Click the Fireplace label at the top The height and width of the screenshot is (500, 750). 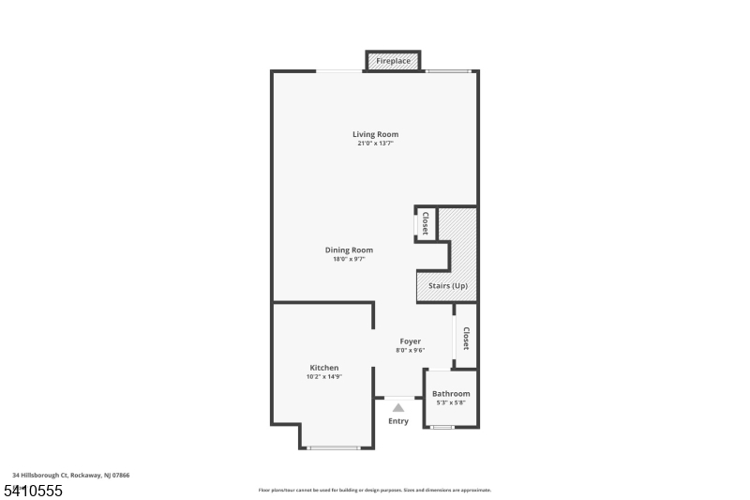[393, 61]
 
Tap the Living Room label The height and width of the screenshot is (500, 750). [375, 134]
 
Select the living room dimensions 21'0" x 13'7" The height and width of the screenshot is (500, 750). [375, 144]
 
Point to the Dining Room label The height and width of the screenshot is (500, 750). [349, 250]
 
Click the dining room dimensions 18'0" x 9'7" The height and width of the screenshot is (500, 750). [349, 259]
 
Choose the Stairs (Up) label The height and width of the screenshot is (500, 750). [447, 285]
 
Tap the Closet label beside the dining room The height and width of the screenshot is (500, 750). [425, 223]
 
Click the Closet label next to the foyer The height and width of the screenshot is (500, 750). [465, 338]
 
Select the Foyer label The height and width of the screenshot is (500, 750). [410, 341]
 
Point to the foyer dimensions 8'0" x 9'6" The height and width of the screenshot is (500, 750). [410, 350]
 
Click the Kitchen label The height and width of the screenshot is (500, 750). [324, 368]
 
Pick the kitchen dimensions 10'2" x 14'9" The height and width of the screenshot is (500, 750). [324, 376]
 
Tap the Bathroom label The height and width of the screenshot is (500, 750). [451, 394]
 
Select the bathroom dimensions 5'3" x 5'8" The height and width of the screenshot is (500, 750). [451, 402]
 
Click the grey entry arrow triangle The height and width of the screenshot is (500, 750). [398, 407]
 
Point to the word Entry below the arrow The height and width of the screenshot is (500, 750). [398, 421]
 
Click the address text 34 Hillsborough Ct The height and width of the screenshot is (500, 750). [71, 476]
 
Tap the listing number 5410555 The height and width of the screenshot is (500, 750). [34, 491]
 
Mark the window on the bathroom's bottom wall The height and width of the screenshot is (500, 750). [442, 428]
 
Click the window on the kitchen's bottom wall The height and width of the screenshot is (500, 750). [335, 448]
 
